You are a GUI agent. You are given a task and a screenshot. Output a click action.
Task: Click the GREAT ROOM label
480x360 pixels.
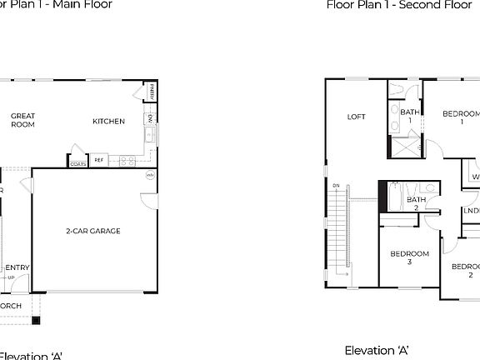click(22, 120)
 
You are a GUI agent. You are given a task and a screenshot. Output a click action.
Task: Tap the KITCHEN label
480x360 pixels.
click(108, 122)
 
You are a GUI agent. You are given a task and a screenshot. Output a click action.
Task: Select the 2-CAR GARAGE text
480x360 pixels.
click(93, 231)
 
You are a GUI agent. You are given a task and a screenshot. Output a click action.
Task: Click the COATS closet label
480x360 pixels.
click(78, 164)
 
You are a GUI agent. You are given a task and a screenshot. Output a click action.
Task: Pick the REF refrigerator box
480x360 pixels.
click(99, 160)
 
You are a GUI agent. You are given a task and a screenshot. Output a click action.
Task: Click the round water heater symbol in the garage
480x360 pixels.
click(151, 175)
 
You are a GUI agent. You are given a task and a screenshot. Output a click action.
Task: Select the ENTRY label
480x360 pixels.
click(17, 267)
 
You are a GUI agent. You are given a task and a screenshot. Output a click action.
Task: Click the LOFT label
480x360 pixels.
click(356, 117)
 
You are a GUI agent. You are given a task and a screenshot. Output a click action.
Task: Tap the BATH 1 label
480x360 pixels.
click(410, 117)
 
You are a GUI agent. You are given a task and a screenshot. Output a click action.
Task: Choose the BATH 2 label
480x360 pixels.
click(416, 204)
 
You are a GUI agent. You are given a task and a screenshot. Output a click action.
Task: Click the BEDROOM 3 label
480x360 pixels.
click(409, 257)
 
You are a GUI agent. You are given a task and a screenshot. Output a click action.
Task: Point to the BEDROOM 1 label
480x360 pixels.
click(461, 117)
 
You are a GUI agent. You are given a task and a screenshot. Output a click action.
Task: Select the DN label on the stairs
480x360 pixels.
click(336, 185)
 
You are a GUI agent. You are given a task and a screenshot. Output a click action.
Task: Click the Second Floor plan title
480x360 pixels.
click(387, 5)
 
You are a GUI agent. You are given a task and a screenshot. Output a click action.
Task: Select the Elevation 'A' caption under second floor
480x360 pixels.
click(377, 351)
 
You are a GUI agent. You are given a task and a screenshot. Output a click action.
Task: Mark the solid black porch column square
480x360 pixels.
click(35, 320)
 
